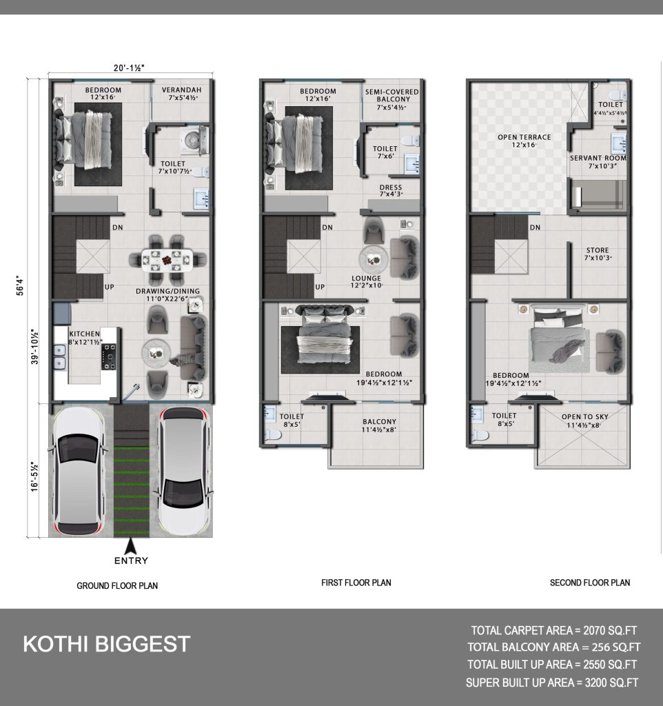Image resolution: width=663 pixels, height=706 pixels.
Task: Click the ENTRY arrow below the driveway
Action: [x=130, y=546]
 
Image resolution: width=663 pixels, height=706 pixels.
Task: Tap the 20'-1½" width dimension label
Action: [x=129, y=68]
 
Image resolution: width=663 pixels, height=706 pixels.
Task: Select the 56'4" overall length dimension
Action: [x=20, y=285]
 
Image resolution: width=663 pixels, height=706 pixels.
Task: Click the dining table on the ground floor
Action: [x=167, y=260]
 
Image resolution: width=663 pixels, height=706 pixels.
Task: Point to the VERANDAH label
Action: [x=181, y=90]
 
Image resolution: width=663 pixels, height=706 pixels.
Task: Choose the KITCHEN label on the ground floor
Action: [x=85, y=334]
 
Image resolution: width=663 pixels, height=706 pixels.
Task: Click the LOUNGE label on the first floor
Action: [x=366, y=279]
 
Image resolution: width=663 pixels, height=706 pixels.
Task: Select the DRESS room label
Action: [x=391, y=188]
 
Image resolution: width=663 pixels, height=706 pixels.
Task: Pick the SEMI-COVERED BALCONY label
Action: [x=392, y=95]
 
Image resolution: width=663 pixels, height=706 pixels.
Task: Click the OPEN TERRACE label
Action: [x=524, y=137]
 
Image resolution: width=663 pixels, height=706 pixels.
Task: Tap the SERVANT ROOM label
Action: [x=598, y=158]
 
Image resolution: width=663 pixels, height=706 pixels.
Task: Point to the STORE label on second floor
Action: [x=598, y=250]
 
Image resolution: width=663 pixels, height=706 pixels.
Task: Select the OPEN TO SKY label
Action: [x=584, y=417]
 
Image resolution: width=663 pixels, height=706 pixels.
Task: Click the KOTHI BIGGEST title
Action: [x=107, y=644]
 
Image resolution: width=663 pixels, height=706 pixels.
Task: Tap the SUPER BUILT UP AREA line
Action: [x=552, y=683]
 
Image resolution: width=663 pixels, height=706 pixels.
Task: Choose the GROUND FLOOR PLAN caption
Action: [x=117, y=586]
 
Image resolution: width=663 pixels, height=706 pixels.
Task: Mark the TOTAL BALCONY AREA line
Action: [x=553, y=647]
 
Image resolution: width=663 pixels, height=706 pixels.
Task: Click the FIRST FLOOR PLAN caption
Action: [x=356, y=583]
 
